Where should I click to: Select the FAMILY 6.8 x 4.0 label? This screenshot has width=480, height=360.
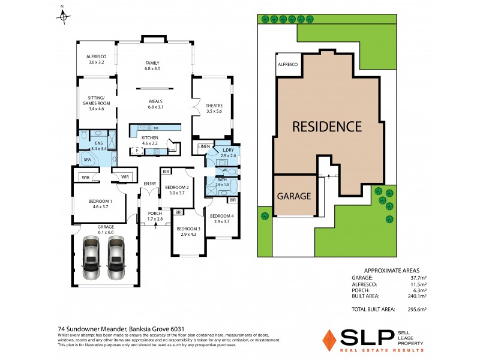[154, 66]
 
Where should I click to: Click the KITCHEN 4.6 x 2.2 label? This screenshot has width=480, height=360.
[149, 140]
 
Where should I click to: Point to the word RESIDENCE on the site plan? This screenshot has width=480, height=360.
[327, 127]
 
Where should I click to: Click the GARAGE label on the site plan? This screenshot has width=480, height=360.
[294, 196]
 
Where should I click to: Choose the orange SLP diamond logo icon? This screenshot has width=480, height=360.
[329, 340]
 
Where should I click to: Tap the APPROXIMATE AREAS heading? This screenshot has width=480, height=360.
[388, 271]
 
